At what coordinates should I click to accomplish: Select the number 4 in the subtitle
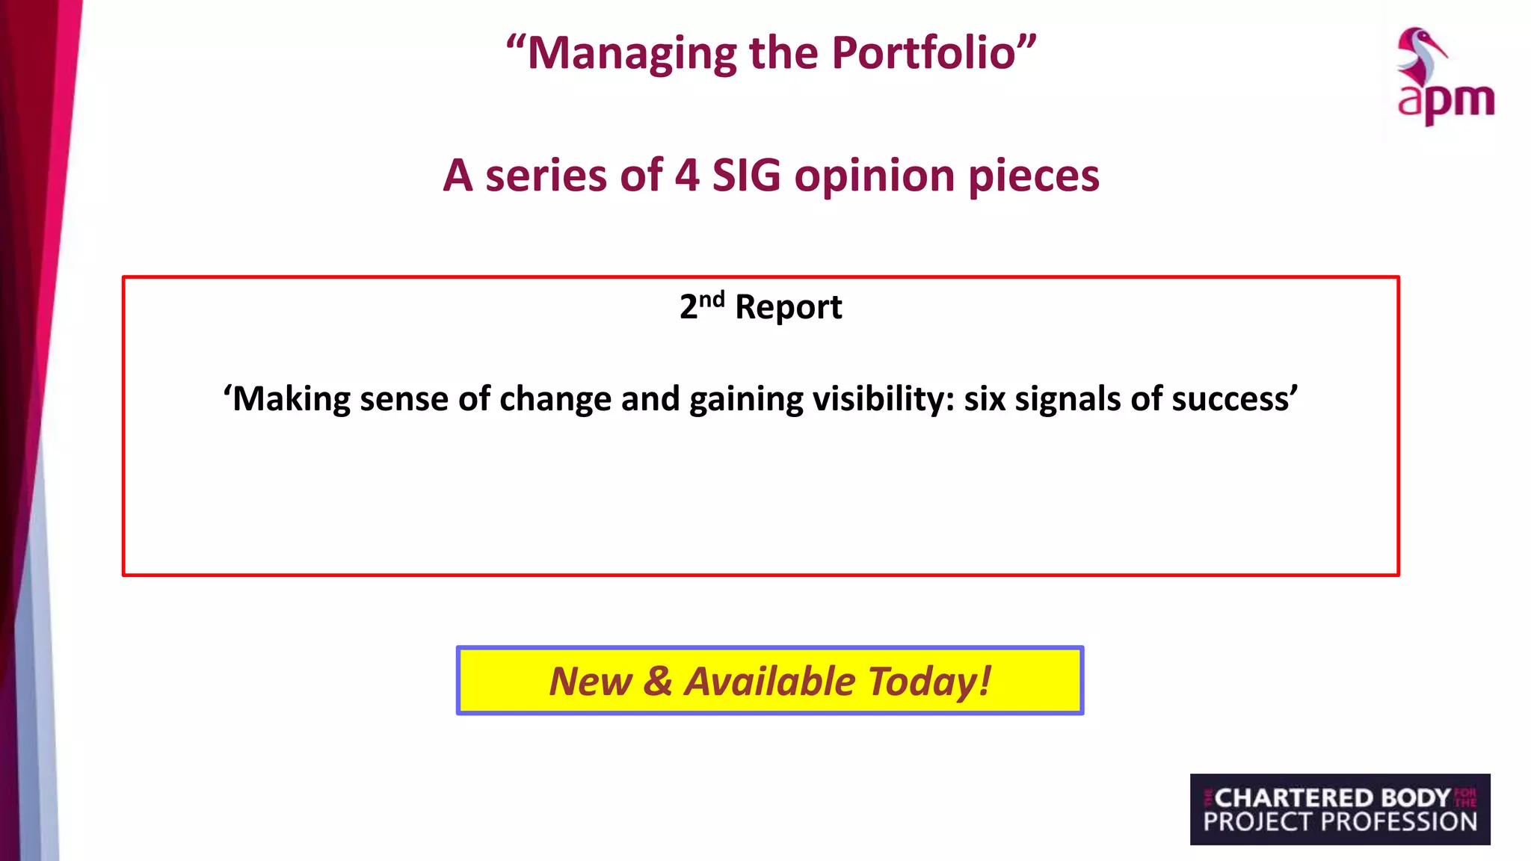(x=686, y=176)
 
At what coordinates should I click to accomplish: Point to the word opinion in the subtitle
(x=874, y=177)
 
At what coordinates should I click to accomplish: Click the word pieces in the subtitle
(x=1034, y=177)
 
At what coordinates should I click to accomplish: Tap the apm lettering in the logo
(x=1446, y=101)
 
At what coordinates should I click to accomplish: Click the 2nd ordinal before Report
(x=701, y=305)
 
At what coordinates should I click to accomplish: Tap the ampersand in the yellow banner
(x=657, y=682)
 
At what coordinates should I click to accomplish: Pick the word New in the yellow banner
(x=591, y=682)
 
